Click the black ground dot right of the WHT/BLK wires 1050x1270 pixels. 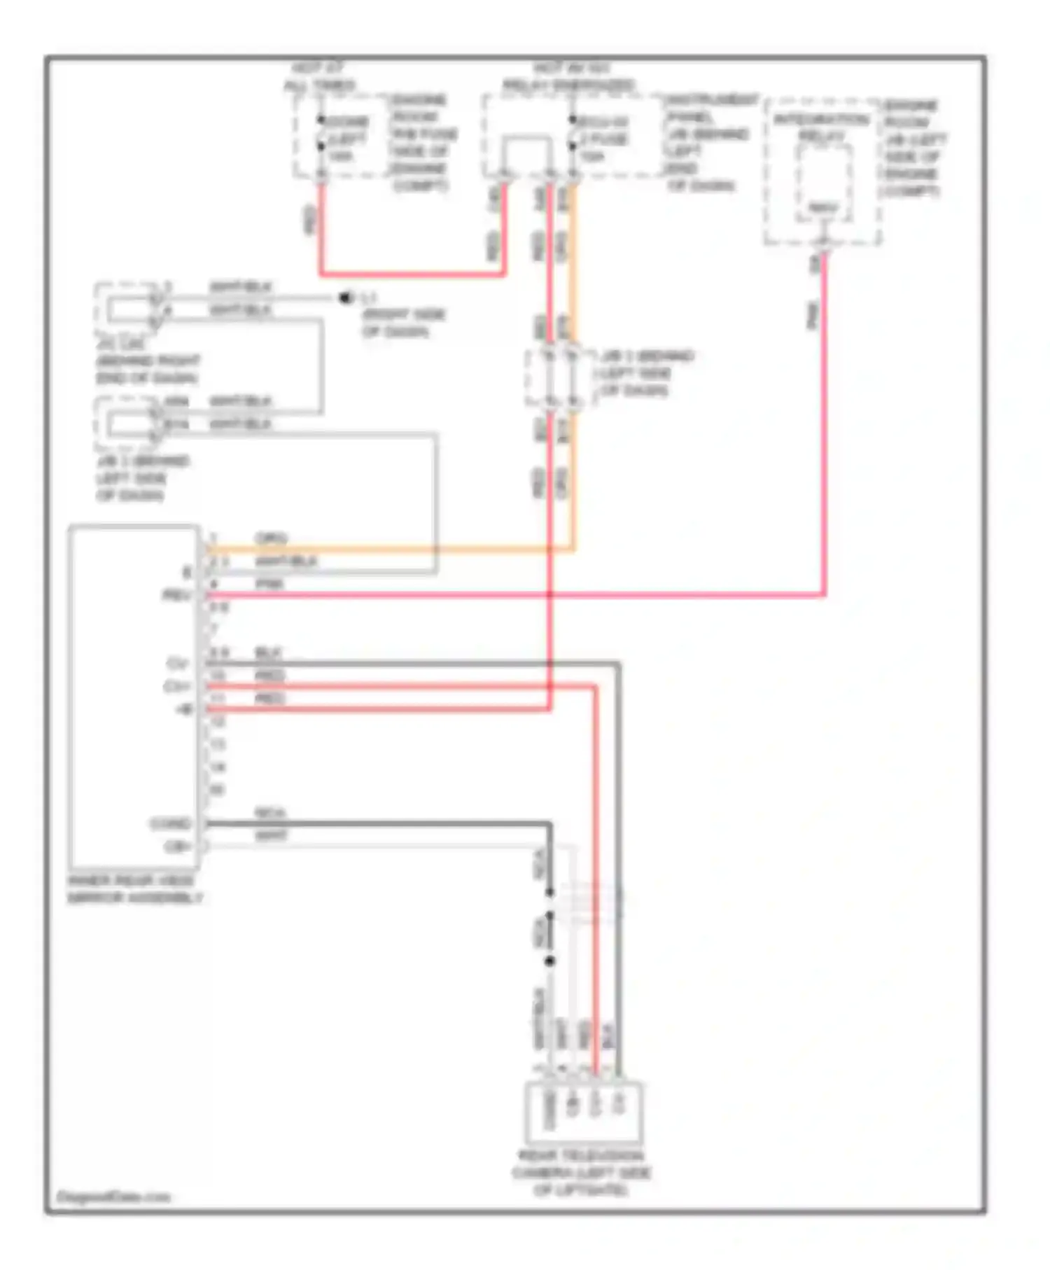(344, 298)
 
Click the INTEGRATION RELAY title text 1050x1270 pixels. (822, 127)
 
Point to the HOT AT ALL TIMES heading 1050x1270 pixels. (319, 77)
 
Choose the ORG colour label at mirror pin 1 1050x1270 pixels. (271, 538)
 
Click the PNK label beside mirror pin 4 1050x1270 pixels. (269, 584)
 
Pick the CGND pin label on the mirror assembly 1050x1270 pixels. (171, 823)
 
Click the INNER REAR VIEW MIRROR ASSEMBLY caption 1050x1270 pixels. (135, 889)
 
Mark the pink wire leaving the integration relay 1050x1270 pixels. (824, 420)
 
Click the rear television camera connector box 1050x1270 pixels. (584, 1112)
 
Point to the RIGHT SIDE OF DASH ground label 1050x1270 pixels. (403, 323)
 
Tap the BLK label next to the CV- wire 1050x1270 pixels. (268, 653)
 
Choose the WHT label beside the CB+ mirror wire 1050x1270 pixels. (271, 836)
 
